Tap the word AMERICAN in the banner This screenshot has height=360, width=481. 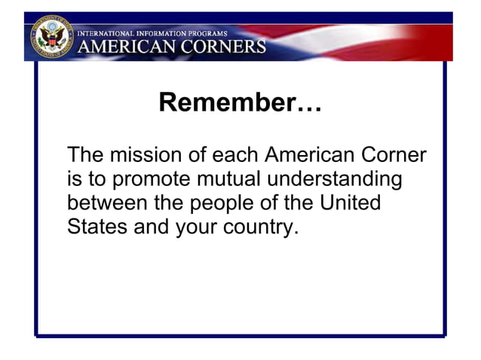coord(124,46)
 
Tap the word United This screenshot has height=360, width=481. coord(350,203)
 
